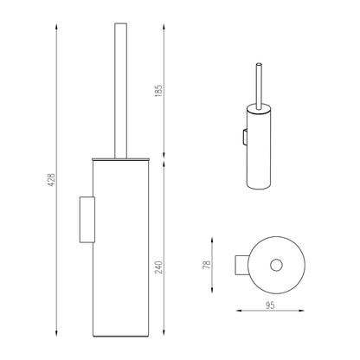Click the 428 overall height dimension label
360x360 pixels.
pos(51,180)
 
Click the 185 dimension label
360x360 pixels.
pos(158,91)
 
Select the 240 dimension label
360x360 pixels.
pos(158,267)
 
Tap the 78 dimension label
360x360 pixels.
pos(207,265)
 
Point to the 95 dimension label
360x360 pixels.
pos(270,305)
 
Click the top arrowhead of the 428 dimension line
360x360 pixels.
pos(56,27)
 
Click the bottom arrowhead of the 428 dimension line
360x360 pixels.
pos(56,333)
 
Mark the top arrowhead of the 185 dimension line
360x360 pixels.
pos(164,27)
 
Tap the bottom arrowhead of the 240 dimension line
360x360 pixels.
pos(164,333)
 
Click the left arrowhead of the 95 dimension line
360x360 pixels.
pos(239,311)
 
